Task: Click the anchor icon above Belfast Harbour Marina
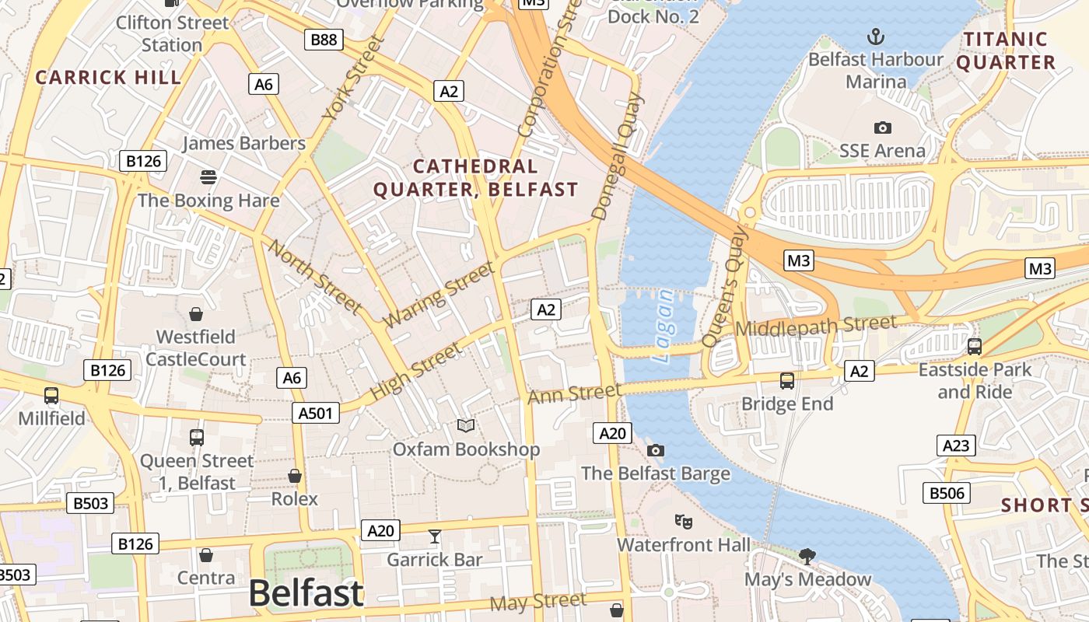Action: click(877, 37)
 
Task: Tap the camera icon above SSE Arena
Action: click(882, 128)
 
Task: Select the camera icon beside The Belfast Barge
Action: click(656, 450)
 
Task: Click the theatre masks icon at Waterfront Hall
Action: click(683, 521)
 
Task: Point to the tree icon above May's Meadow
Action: click(807, 556)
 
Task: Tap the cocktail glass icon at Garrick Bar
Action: click(435, 536)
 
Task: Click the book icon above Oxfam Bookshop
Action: click(466, 425)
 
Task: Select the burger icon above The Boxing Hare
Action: click(208, 177)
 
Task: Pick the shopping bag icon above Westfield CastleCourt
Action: click(196, 314)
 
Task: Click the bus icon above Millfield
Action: click(51, 396)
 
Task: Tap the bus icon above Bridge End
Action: click(787, 381)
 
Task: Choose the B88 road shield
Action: click(324, 39)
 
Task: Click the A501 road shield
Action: click(315, 413)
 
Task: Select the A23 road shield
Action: click(955, 446)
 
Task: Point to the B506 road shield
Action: click(947, 492)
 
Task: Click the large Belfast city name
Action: click(306, 593)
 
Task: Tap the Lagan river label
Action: click(664, 327)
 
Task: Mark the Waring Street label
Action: click(439, 294)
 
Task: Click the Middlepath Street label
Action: click(815, 326)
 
